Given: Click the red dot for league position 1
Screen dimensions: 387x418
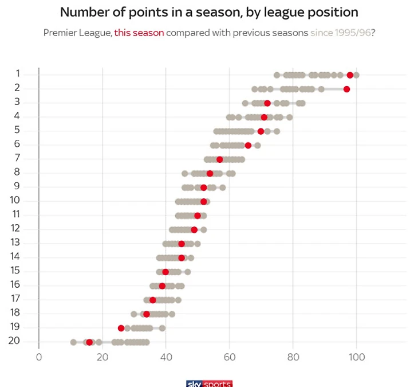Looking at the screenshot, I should pos(350,75).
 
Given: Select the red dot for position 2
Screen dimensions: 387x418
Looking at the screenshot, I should pos(346,89).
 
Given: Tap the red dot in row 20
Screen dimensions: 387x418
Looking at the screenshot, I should pos(89,342).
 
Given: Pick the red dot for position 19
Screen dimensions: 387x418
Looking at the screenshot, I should pos(121,328).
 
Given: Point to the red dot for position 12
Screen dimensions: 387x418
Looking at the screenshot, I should pos(194,230).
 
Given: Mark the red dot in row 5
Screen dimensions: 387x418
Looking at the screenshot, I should pos(261,131).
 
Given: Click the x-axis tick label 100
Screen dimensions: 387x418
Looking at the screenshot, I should pos(356,356).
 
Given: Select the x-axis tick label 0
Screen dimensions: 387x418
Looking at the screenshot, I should pos(39,356).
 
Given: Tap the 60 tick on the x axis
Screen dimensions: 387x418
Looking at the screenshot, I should pos(229,356).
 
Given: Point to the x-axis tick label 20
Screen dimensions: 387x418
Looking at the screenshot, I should pos(102,356).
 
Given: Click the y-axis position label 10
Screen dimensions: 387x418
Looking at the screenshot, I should pos(15,200).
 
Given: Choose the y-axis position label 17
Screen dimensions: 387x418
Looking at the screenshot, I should pos(15,299).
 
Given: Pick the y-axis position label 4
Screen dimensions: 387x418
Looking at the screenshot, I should pos(18,116).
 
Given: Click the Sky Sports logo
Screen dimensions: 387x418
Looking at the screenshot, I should pos(209,383).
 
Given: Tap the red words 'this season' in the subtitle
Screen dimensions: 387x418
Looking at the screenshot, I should pos(139,33).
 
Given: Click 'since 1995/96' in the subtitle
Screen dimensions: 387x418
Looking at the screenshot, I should pos(340,33).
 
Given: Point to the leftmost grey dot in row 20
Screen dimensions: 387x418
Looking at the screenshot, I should pos(73,342).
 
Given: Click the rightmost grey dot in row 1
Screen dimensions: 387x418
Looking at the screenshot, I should pos(356,75).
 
